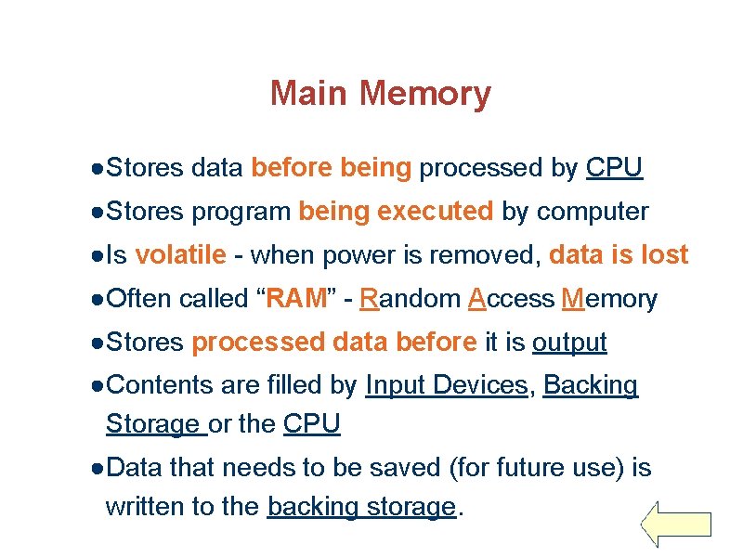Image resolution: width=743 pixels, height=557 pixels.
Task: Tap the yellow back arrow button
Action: point(676,525)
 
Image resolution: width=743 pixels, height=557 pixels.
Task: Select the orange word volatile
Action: point(180,255)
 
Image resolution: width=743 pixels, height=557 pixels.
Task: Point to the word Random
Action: point(410,299)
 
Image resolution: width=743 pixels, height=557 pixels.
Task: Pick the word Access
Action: point(511,299)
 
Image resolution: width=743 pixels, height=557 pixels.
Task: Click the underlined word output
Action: point(569,343)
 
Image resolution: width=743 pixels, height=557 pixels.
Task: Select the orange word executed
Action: point(436,212)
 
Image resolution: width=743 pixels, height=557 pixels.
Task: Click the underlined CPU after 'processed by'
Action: point(614,168)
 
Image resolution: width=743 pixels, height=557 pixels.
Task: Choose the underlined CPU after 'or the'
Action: point(312,424)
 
